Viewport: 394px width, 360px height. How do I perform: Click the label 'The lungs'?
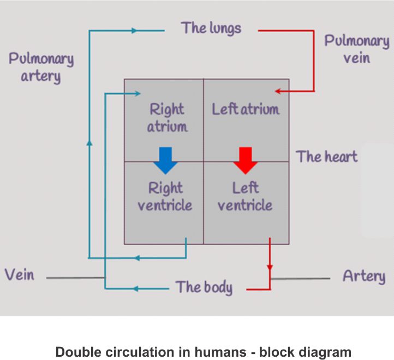point(211,28)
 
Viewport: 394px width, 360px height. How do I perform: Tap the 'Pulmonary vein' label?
point(356,49)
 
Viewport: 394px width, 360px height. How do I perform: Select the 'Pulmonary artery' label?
point(41,67)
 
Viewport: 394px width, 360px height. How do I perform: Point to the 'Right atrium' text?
point(167,118)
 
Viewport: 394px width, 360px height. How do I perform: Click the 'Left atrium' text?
point(246,109)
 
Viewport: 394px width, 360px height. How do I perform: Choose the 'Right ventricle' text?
point(165,197)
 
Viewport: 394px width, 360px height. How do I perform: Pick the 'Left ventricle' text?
point(245,197)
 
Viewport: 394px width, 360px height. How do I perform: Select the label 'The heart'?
point(327,157)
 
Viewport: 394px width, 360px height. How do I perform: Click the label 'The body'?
point(204,287)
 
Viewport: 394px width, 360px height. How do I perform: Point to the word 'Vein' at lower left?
point(20,274)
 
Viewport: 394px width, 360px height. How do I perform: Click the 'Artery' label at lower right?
point(363,276)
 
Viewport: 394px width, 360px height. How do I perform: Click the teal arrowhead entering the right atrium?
point(122,93)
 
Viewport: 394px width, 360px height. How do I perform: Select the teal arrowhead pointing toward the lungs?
point(135,31)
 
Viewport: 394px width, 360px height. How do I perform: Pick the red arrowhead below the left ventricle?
point(270,268)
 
